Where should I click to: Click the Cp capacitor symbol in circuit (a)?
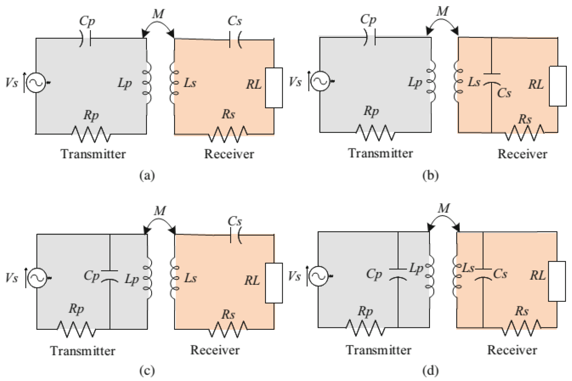coord(85,38)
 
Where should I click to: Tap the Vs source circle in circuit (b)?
coord(320,81)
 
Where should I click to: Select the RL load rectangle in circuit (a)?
coord(274,88)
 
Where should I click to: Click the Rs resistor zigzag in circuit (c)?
coord(228,329)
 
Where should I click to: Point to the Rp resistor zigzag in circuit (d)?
coord(366,328)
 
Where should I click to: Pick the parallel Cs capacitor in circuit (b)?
coord(491,79)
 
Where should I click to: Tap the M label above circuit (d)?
coord(443,209)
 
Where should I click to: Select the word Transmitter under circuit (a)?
coord(93,154)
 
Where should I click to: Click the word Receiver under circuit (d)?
coord(512,350)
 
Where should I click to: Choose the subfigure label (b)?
coord(431,175)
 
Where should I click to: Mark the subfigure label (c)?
coord(147,371)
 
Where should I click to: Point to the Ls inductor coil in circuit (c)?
coord(174,278)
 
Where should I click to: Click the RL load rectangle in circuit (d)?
coord(557,281)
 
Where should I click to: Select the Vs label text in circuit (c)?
coord(12,278)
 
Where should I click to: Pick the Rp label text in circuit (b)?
coord(371,111)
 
